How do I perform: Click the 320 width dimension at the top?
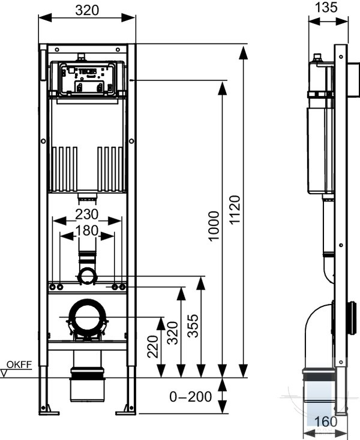[87, 10]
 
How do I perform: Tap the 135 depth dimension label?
[326, 7]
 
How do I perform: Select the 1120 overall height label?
[235, 210]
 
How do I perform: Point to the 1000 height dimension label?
[214, 226]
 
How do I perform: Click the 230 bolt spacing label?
[87, 215]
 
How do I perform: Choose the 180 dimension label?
[87, 231]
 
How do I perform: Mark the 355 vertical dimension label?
[193, 326]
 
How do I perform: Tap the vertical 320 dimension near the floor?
[172, 333]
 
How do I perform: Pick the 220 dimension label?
[153, 346]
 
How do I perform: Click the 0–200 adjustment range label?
[190, 397]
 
